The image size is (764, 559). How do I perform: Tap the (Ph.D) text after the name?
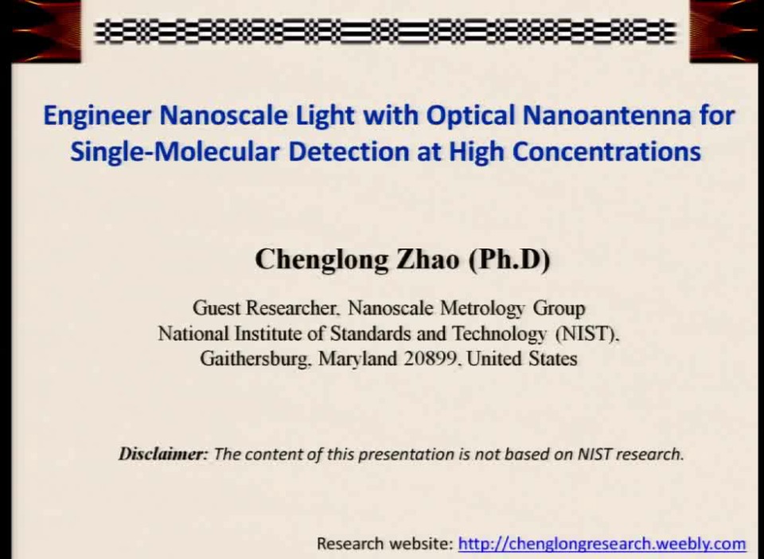[509, 260]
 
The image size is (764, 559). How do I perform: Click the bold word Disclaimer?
[163, 455]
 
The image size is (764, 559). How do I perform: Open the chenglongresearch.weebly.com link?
[602, 544]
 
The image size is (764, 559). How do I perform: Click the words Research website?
[384, 544]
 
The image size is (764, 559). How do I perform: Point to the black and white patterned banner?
[385, 32]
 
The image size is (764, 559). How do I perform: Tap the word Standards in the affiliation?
[371, 333]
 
